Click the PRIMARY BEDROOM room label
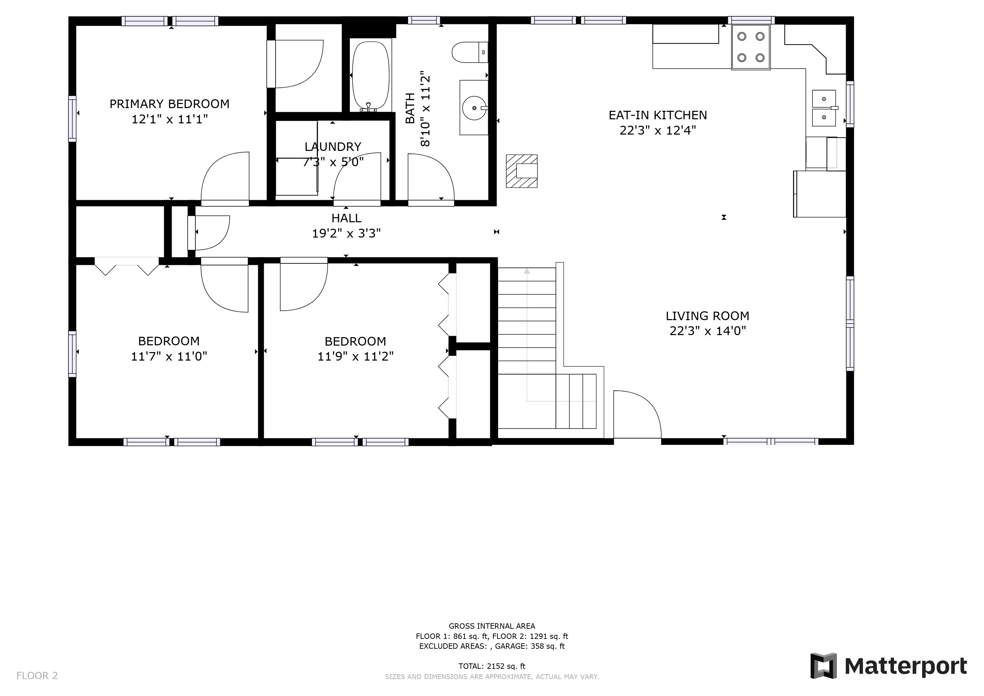click(169, 104)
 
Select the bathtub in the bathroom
click(371, 76)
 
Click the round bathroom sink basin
click(474, 108)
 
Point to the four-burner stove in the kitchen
click(751, 47)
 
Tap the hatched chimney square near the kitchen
click(522, 171)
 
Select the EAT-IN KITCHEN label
click(658, 115)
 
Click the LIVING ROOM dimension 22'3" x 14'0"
click(707, 331)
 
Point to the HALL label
click(346, 218)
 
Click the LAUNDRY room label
click(333, 146)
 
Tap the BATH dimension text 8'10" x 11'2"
click(425, 109)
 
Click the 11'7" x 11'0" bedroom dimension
click(169, 356)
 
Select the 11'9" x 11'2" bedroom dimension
click(355, 356)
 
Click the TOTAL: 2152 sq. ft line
click(492, 666)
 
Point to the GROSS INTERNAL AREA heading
click(492, 626)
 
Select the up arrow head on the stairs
click(527, 271)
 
